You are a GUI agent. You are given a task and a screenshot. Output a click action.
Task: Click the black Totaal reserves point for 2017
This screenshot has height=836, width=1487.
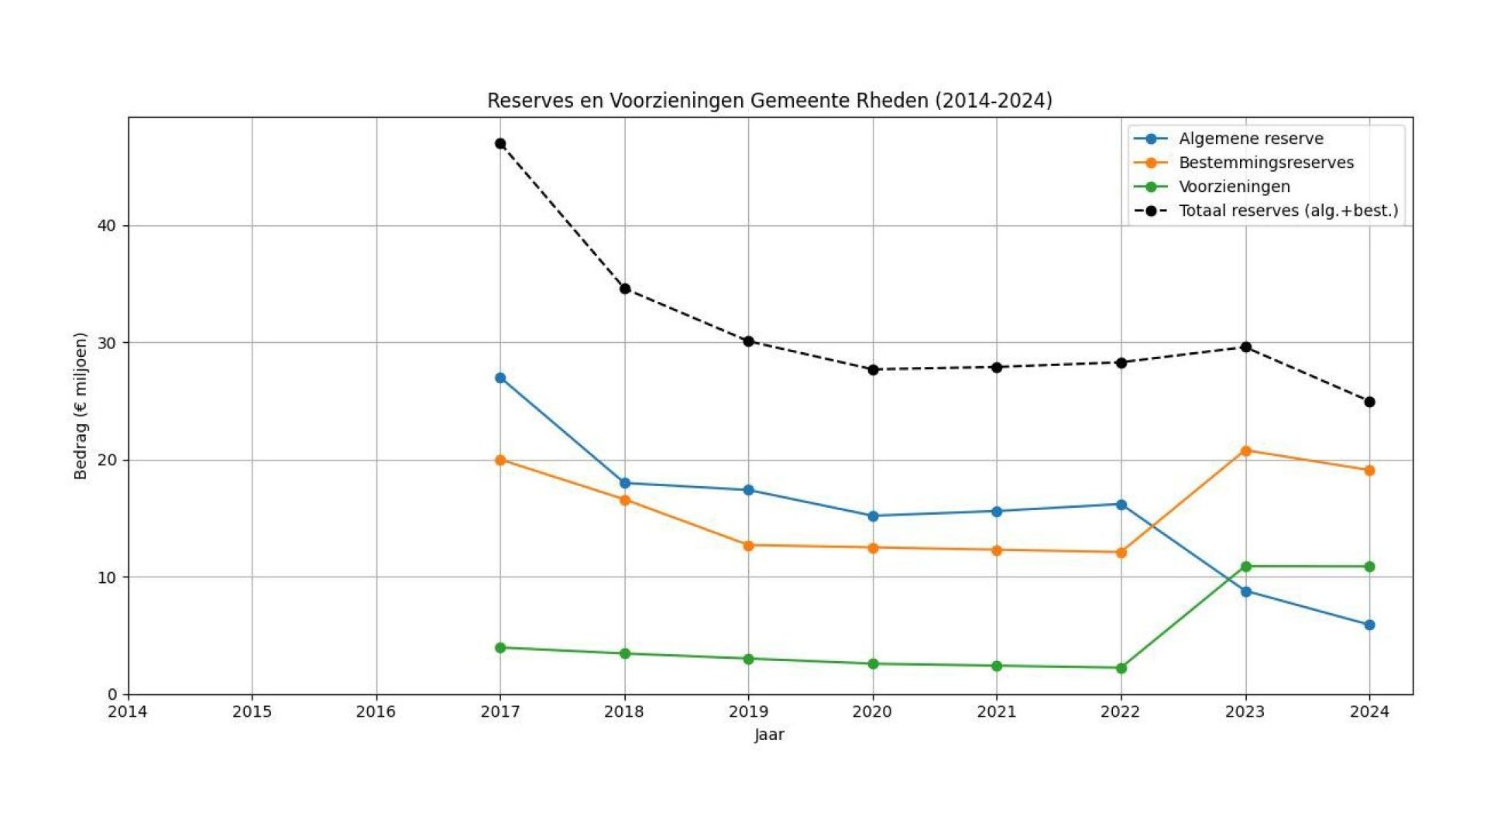500,143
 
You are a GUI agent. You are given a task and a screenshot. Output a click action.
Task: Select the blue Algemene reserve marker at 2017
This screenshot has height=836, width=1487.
500,378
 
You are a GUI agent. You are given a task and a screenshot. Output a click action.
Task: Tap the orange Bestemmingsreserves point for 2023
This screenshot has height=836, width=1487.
1245,451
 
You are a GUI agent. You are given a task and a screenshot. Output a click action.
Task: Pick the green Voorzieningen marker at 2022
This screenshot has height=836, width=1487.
1121,668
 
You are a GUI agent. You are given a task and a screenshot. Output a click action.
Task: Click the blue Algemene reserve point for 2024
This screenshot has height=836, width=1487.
1369,625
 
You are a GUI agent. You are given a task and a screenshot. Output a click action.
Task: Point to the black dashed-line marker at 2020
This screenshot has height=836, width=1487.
873,370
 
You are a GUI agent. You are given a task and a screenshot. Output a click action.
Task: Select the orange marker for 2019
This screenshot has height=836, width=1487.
748,546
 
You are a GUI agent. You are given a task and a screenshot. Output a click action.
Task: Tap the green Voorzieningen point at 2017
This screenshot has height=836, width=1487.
500,647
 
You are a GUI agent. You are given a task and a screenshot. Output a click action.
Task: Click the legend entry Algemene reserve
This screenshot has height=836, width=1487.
1250,139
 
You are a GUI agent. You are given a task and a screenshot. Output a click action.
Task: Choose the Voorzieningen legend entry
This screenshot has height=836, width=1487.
1234,187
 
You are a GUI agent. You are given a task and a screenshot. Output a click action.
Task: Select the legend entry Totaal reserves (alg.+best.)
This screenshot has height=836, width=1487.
1288,211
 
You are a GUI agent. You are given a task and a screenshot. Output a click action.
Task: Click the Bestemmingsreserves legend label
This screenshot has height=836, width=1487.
1265,163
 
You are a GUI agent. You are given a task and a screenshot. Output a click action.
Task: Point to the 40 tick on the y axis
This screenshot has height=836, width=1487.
107,225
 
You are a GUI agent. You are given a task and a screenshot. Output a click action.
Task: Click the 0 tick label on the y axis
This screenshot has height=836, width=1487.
113,694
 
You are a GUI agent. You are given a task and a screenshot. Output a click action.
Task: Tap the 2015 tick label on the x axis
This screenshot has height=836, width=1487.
252,711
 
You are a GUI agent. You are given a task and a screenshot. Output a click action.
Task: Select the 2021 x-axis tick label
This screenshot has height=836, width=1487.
996,711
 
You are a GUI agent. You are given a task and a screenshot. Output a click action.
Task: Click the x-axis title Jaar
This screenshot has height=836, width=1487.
769,735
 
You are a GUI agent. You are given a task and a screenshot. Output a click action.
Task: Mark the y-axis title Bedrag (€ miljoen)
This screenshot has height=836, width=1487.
81,406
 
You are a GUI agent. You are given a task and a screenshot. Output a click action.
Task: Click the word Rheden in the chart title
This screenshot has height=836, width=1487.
892,101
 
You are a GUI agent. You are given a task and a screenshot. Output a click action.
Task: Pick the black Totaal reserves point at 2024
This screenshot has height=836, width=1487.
1369,402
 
